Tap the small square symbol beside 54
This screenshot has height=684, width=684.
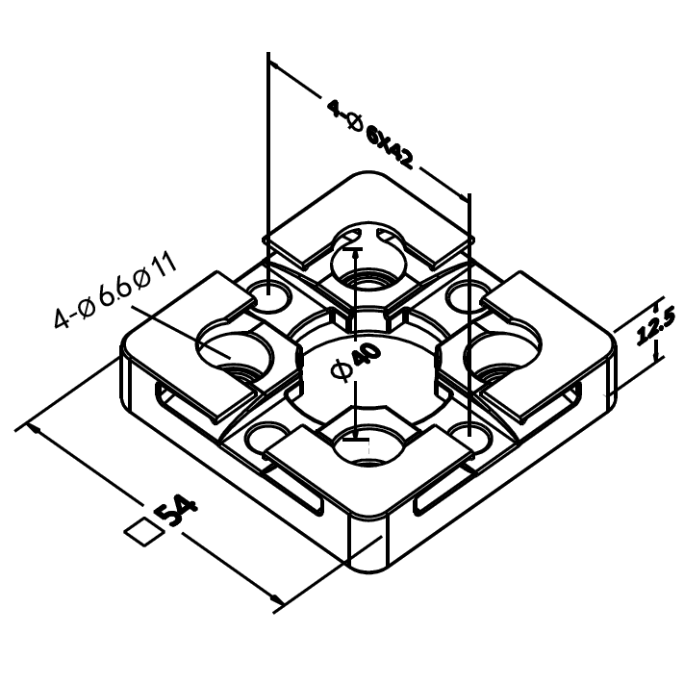tap(142, 531)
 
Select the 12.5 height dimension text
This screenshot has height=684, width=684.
tap(650, 326)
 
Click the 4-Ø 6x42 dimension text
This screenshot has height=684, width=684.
tap(370, 134)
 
